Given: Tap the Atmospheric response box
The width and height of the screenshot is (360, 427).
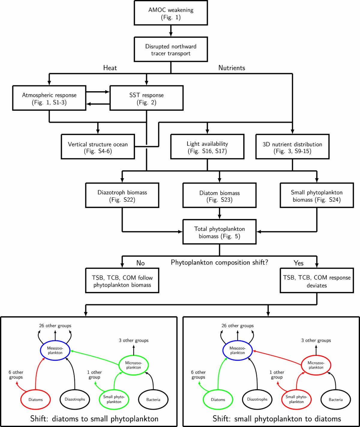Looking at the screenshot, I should pyautogui.click(x=49, y=98).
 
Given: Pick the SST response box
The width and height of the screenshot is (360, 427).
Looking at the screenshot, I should pyautogui.click(x=146, y=98).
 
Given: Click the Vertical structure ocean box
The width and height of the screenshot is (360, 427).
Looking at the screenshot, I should pyautogui.click(x=97, y=147).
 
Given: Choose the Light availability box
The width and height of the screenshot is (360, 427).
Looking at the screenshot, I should pyautogui.click(x=207, y=147).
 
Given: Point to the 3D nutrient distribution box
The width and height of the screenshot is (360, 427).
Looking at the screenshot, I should pyautogui.click(x=292, y=147).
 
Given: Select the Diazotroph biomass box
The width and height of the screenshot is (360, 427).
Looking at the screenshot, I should pyautogui.click(x=122, y=196).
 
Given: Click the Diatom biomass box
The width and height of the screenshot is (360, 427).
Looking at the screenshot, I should pyautogui.click(x=220, y=196).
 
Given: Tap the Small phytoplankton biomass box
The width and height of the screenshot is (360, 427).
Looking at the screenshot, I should pyautogui.click(x=316, y=196).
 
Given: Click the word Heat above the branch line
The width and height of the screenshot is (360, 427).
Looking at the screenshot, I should pyautogui.click(x=110, y=68).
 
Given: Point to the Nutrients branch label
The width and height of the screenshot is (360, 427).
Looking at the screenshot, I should pyautogui.click(x=232, y=68).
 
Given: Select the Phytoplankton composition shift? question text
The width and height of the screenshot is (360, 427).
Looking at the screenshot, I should pyautogui.click(x=220, y=262).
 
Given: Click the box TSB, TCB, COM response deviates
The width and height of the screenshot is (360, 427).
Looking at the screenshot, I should pyautogui.click(x=316, y=281).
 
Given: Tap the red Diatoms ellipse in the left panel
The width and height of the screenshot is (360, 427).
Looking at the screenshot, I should pyautogui.click(x=35, y=399).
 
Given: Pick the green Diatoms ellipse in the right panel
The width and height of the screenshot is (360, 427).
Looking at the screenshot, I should pyautogui.click(x=218, y=399).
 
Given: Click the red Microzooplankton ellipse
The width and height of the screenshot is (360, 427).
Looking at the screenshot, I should pyautogui.click(x=316, y=365).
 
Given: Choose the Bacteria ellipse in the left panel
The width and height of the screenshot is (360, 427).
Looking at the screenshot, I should pyautogui.click(x=153, y=399).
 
